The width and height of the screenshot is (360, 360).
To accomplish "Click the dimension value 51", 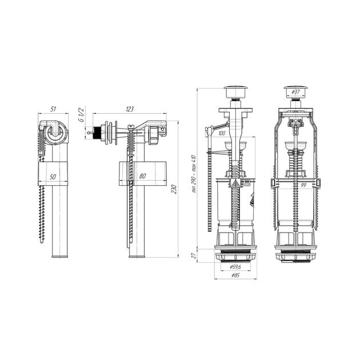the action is [x=53, y=109].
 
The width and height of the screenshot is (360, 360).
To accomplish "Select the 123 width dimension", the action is [x=130, y=109].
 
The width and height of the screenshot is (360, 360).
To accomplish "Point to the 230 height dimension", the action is [x=174, y=189].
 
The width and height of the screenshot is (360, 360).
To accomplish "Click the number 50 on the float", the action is [x=53, y=177].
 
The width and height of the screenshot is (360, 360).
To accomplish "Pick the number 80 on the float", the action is [x=142, y=176].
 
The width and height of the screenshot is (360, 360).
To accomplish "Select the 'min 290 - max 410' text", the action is [x=194, y=174].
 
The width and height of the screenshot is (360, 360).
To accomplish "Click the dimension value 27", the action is [x=194, y=255].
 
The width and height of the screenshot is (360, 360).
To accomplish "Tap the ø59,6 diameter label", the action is [x=235, y=267].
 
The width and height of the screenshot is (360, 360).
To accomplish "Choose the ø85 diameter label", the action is [x=235, y=275].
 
